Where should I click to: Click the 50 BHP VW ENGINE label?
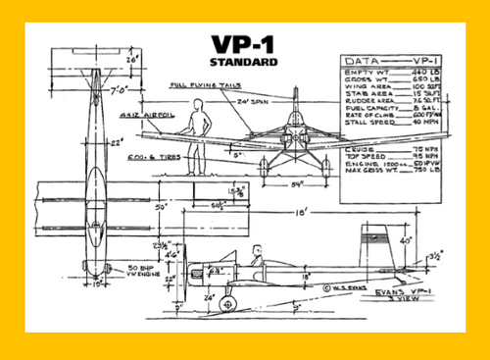pyautogui.click(x=116, y=271)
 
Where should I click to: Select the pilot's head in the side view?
pyautogui.click(x=257, y=249)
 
